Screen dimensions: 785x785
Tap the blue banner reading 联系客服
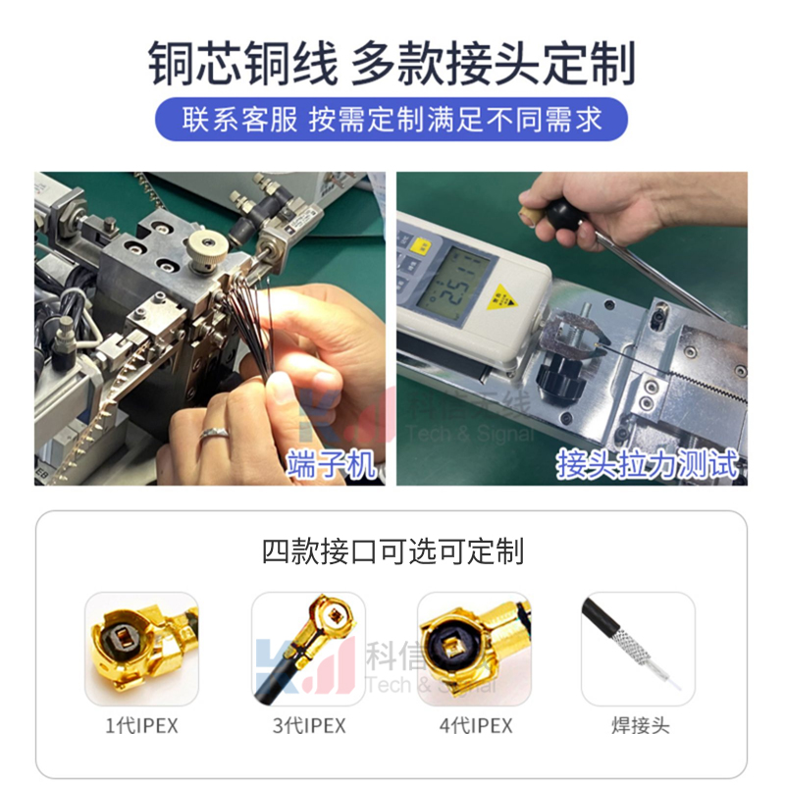click(392, 120)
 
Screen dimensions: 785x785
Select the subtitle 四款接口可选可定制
click(392, 550)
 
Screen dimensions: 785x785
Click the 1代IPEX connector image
click(141, 649)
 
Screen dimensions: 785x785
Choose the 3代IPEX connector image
click(308, 649)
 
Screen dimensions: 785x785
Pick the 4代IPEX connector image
click(474, 649)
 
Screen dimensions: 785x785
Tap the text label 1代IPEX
click(141, 726)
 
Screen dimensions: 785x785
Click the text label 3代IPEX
click(308, 726)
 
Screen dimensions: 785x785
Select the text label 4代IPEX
click(474, 726)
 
